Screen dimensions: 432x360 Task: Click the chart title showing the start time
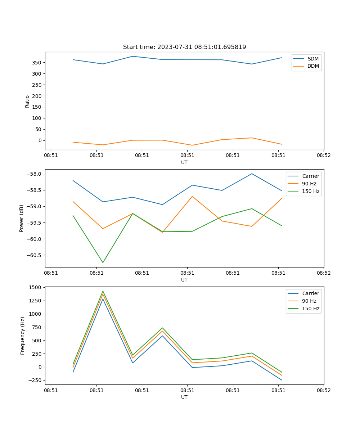[x=184, y=47]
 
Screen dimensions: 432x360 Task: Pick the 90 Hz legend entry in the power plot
[x=309, y=184]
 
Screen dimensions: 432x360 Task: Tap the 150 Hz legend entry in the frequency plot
[x=311, y=309]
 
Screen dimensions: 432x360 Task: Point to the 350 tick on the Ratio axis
[x=37, y=63]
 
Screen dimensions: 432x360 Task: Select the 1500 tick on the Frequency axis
[x=36, y=287]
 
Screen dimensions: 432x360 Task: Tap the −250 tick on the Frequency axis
[x=35, y=380]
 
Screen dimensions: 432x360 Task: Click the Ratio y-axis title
[x=27, y=101]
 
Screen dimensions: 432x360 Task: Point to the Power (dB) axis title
[x=22, y=218]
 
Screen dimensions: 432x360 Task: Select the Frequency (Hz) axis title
[x=23, y=336]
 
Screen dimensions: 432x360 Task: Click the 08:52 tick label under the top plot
[x=323, y=156]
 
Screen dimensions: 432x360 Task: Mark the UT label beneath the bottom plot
[x=184, y=397]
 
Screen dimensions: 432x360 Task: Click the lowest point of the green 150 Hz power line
[x=103, y=262]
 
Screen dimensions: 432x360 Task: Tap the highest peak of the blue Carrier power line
[x=252, y=174]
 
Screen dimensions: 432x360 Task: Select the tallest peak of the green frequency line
[x=103, y=291]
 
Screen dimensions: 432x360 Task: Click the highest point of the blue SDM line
[x=133, y=56]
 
